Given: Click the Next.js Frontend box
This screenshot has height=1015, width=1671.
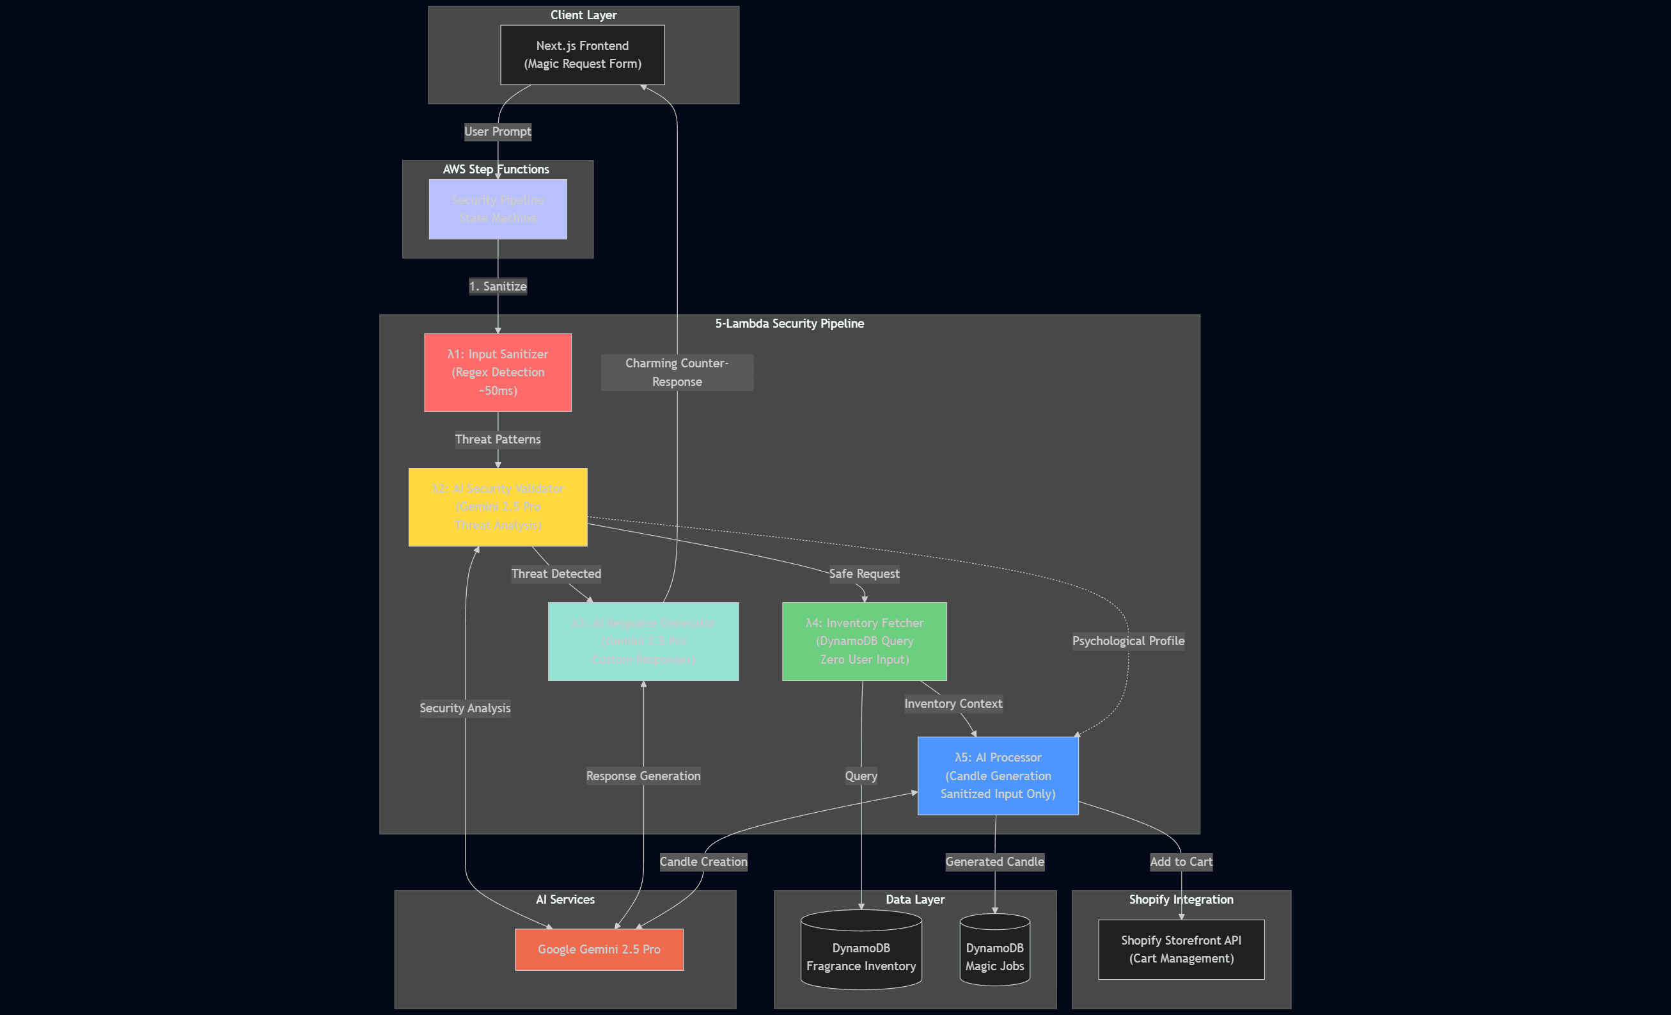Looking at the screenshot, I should tap(582, 55).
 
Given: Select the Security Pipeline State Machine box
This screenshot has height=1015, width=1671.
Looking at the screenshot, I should tap(497, 209).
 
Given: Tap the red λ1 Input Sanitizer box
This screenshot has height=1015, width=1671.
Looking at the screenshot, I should tap(497, 372).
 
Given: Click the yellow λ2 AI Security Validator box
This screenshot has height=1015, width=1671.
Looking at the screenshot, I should tap(497, 507).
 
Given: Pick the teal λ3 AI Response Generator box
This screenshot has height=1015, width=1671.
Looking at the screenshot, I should tap(643, 641).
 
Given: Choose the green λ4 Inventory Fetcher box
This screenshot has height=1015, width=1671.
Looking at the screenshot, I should tap(864, 641).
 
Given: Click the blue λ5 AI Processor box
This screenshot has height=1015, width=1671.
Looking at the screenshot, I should tap(998, 776).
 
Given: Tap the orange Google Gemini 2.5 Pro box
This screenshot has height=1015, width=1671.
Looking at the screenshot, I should tap(599, 949).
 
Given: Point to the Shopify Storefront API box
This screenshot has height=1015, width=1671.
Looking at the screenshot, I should tap(1181, 949).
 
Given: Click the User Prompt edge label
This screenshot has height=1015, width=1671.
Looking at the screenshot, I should tap(497, 132).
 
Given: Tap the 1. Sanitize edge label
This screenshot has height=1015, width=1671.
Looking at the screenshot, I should tap(497, 286).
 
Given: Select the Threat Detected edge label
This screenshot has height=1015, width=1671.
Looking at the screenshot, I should tap(556, 574).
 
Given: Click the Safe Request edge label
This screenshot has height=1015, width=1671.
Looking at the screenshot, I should tap(864, 574).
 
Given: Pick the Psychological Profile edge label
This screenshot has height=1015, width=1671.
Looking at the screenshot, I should tap(1128, 641).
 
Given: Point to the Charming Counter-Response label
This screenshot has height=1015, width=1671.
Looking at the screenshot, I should tap(677, 372).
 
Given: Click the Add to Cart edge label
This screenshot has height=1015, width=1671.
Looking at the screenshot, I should tap(1181, 861).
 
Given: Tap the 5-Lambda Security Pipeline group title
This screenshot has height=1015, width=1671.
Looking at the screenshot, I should tap(789, 324).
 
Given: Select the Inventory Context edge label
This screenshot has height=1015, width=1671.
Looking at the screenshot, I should tap(953, 703).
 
